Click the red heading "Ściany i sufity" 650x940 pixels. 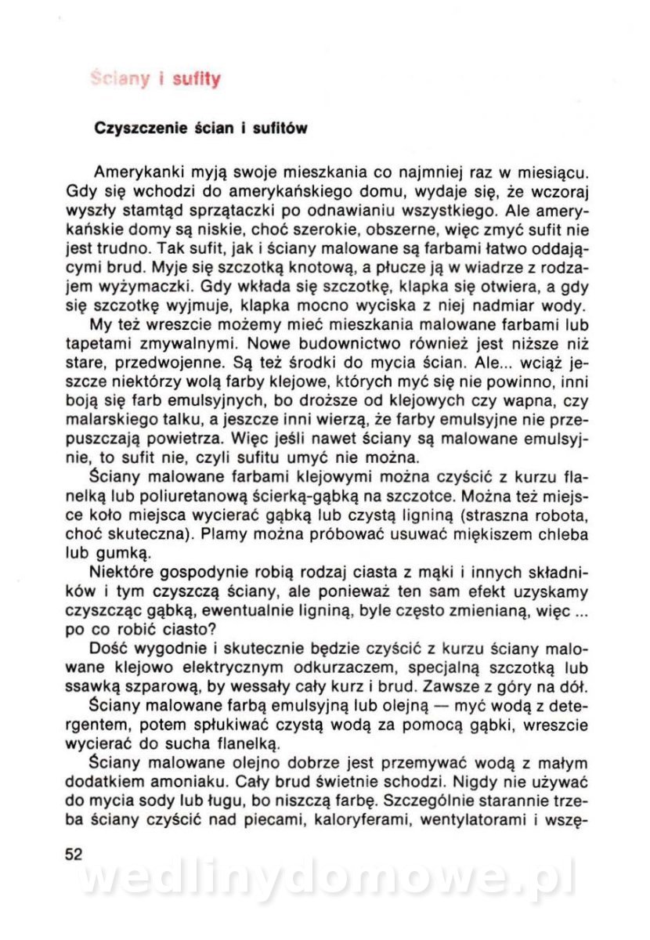[156, 79]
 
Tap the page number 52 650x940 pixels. [74, 854]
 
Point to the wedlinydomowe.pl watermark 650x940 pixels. [327, 878]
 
